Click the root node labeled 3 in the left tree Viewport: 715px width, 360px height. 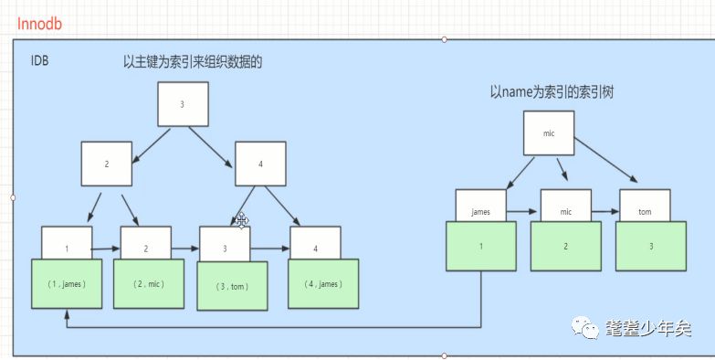click(x=182, y=104)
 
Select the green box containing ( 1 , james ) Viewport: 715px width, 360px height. click(x=66, y=283)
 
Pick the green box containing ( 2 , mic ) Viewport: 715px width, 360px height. click(x=147, y=283)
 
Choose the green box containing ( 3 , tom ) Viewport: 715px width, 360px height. click(x=232, y=286)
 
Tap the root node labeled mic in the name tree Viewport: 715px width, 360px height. click(x=548, y=133)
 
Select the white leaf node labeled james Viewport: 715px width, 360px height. click(x=480, y=210)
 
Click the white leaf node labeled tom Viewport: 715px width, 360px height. click(x=645, y=210)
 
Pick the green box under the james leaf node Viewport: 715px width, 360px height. click(x=480, y=248)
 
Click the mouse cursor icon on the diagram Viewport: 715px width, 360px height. click(x=242, y=220)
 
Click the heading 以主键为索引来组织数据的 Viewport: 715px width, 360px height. click(x=199, y=62)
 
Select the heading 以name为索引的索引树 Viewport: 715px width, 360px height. click(x=552, y=91)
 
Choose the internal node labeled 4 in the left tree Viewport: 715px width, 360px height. click(x=260, y=164)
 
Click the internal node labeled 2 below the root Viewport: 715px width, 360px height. click(x=106, y=164)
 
